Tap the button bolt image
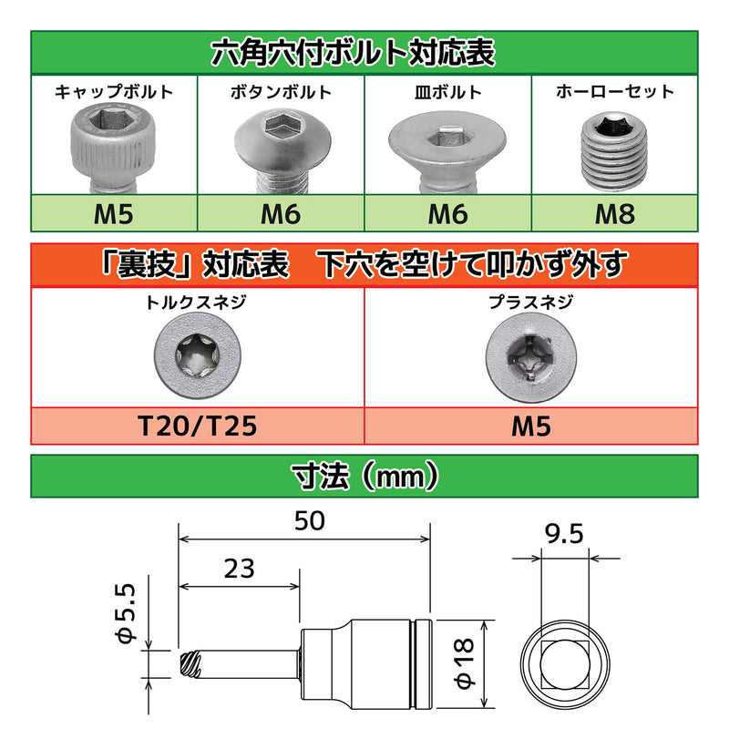pyautogui.click(x=280, y=146)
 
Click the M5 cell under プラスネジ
pyautogui.click(x=530, y=425)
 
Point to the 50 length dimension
pyautogui.click(x=311, y=521)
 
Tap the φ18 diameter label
pyautogui.click(x=465, y=665)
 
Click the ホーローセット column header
pyautogui.click(x=615, y=91)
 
